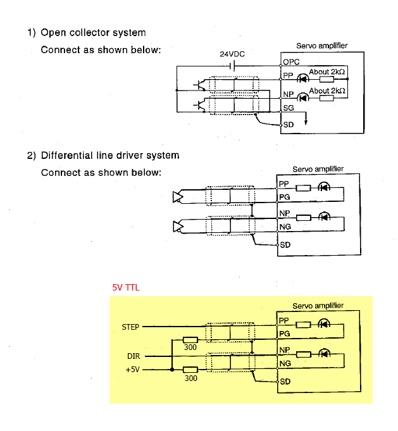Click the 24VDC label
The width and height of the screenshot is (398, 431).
232,54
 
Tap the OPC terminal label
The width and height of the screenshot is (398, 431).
291,62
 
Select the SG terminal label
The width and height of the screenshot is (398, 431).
288,108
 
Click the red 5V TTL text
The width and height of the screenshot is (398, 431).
125,287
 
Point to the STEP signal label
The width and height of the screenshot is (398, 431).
130,327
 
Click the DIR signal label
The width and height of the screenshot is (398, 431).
133,356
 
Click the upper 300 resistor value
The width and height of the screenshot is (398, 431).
190,347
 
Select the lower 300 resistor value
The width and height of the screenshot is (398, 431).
190,378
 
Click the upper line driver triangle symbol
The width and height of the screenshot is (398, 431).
178,197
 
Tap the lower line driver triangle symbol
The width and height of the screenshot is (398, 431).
178,226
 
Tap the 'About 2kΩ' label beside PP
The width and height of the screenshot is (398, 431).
327,72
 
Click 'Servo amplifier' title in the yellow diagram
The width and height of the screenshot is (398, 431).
318,306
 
